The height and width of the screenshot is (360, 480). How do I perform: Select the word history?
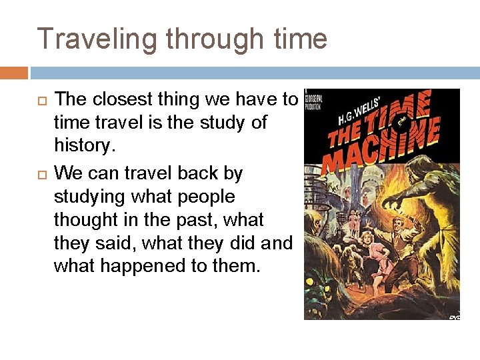83,146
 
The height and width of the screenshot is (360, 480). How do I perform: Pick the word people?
204,197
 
